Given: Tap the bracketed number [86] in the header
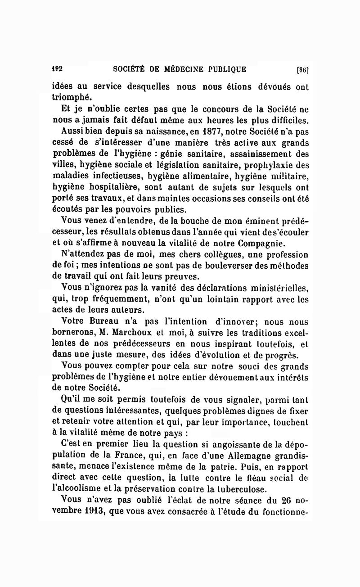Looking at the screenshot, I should tap(302, 70).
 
